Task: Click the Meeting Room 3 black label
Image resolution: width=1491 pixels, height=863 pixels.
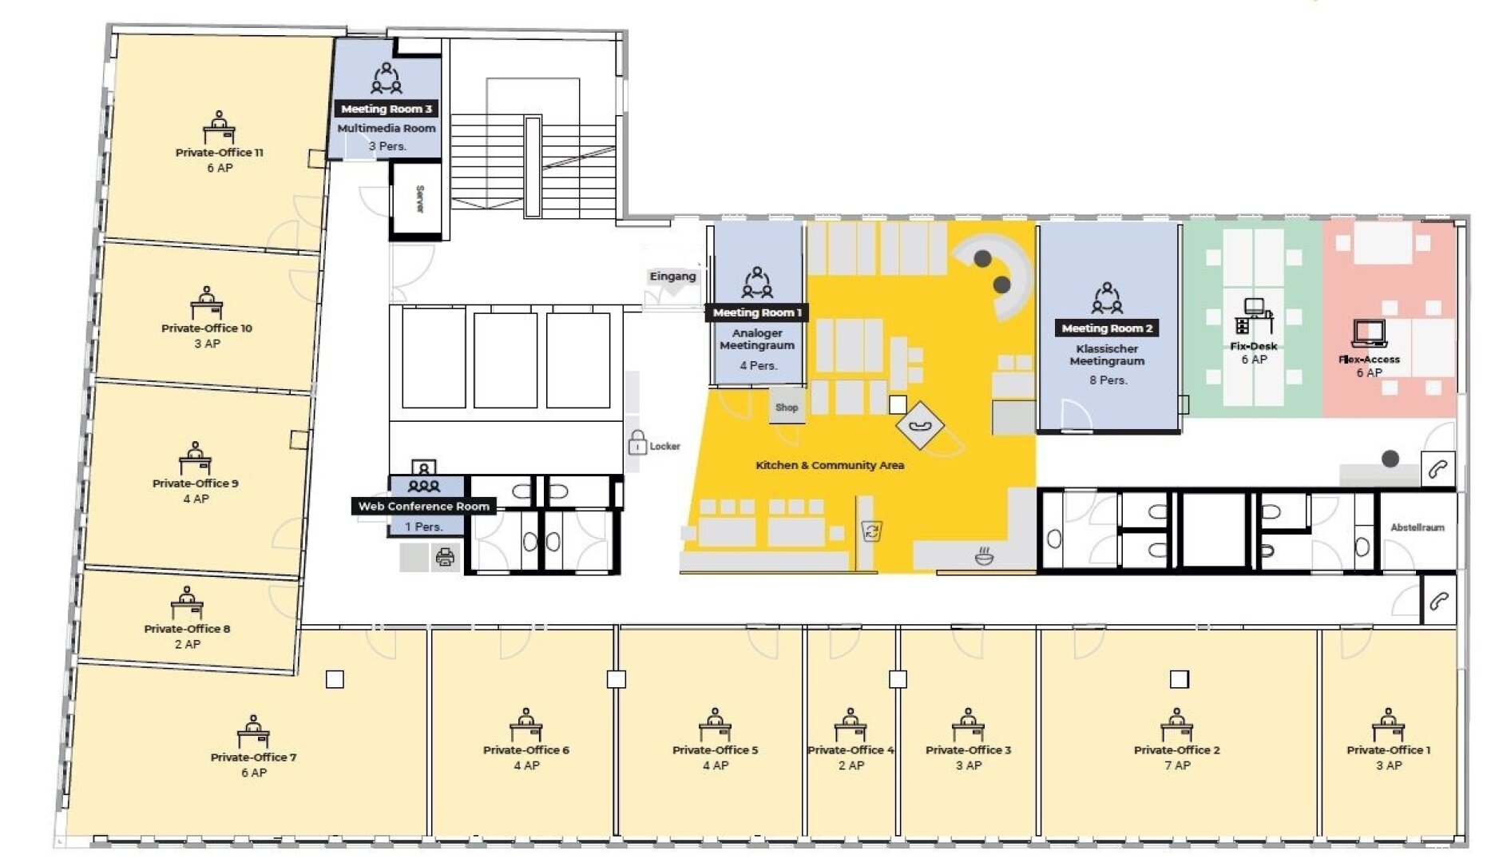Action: [387, 109]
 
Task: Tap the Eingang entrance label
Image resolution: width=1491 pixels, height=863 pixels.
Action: [672, 276]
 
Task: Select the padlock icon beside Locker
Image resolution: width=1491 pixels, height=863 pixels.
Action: [637, 443]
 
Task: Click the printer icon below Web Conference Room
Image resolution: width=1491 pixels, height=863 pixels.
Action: [446, 556]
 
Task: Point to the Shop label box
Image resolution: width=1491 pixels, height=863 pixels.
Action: [787, 408]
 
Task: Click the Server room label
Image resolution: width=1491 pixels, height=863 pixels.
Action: [420, 199]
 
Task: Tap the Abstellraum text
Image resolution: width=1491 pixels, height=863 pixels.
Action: [1418, 527]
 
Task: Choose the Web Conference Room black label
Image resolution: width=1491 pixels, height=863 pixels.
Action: [424, 506]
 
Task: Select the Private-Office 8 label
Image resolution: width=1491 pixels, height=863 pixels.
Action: [187, 629]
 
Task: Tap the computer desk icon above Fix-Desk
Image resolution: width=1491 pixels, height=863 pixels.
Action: [1253, 316]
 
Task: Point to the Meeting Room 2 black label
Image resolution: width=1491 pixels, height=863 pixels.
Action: [1107, 328]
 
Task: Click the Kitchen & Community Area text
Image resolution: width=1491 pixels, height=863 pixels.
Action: [830, 465]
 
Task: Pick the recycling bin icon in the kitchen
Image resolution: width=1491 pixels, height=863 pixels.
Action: [872, 531]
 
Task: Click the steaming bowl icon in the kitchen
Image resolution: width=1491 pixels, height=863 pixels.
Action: [985, 556]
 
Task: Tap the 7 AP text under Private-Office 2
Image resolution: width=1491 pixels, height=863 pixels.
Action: [1177, 766]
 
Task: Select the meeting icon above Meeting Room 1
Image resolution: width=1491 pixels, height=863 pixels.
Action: [757, 283]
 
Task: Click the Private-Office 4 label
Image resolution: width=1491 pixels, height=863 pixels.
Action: [851, 750]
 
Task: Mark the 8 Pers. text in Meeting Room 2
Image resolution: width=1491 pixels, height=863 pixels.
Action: [1108, 380]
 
